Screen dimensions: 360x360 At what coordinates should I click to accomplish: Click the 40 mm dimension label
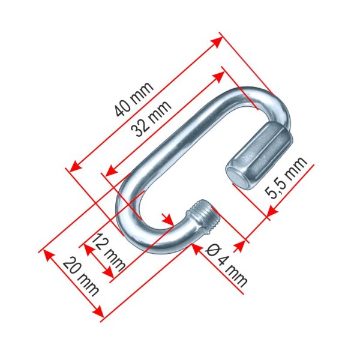[x=134, y=99]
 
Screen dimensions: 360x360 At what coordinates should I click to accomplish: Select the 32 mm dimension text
[x=151, y=118]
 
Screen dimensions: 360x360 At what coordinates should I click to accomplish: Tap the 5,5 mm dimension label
[x=286, y=178]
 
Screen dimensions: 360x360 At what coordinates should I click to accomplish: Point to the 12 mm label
[x=109, y=252]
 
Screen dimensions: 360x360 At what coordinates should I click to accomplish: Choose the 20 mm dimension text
[x=81, y=276]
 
